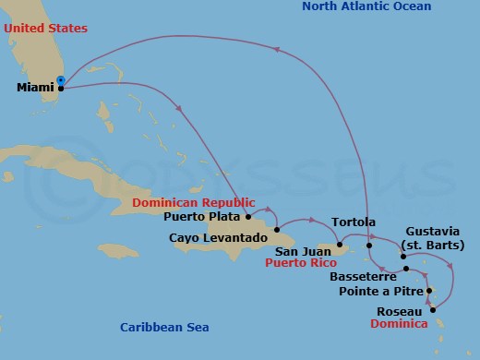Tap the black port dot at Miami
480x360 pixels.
(x=61, y=89)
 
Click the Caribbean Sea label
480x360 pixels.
(x=165, y=328)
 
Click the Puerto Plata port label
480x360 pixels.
(x=203, y=218)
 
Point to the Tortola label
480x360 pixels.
(x=353, y=222)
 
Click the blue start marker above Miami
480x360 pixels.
(x=61, y=80)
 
